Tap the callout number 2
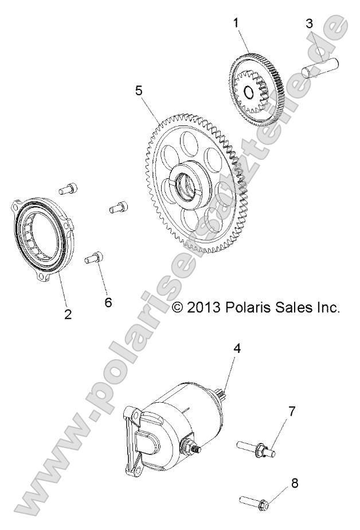point(68,314)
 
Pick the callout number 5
point(138,90)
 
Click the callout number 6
point(108,301)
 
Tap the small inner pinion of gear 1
point(251,91)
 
